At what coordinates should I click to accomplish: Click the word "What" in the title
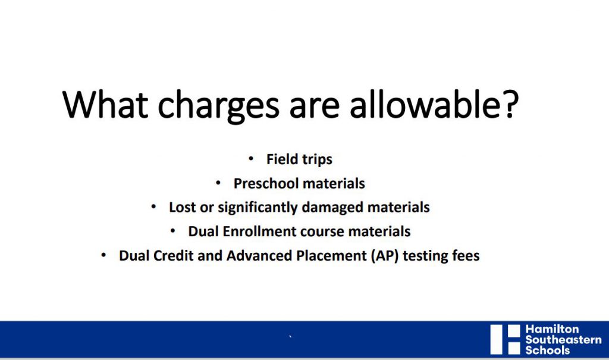click(x=105, y=104)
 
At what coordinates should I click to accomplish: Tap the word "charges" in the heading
click(x=218, y=106)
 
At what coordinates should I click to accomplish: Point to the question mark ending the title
click(x=509, y=104)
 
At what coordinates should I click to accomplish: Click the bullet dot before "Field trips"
click(x=251, y=158)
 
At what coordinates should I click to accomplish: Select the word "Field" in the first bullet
click(x=282, y=159)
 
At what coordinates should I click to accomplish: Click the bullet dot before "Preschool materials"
click(x=218, y=182)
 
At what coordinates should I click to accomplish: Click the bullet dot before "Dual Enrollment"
click(x=173, y=230)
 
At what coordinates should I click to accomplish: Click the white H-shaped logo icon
click(x=505, y=339)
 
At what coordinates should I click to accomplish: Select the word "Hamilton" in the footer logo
click(x=552, y=329)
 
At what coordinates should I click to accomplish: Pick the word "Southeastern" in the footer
click(x=563, y=339)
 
